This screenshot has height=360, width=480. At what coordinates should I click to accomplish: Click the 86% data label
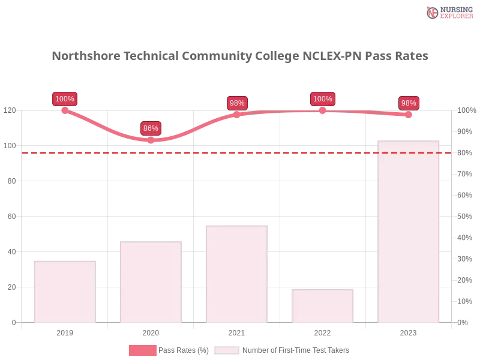pyautogui.click(x=151, y=128)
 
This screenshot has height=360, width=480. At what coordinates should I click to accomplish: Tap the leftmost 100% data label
pyautogui.click(x=64, y=99)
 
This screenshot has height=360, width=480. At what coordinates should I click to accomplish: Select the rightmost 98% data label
pyautogui.click(x=409, y=103)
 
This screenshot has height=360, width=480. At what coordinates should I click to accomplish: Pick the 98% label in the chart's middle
pyautogui.click(x=237, y=103)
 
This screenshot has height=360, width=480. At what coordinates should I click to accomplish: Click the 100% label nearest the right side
pyautogui.click(x=322, y=99)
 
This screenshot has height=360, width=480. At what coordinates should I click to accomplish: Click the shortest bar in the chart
pyautogui.click(x=322, y=307)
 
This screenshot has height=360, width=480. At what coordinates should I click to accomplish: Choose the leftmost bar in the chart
pyautogui.click(x=65, y=292)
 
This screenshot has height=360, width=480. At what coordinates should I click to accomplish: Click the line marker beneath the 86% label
pyautogui.click(x=151, y=140)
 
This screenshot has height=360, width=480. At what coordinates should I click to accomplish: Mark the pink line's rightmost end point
pyautogui.click(x=410, y=115)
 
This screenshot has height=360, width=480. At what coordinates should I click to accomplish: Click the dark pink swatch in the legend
pyautogui.click(x=142, y=350)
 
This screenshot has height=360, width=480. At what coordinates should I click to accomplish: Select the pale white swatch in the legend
pyautogui.click(x=227, y=350)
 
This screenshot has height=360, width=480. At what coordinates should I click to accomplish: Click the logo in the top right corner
pyautogui.click(x=448, y=12)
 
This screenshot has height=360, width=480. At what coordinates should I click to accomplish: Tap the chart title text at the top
pyautogui.click(x=240, y=56)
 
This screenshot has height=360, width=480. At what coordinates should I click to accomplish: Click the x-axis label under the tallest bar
pyautogui.click(x=408, y=332)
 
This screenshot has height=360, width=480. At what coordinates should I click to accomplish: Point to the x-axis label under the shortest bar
pyautogui.click(x=322, y=332)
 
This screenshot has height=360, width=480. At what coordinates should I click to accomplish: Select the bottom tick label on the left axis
pyautogui.click(x=14, y=322)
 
